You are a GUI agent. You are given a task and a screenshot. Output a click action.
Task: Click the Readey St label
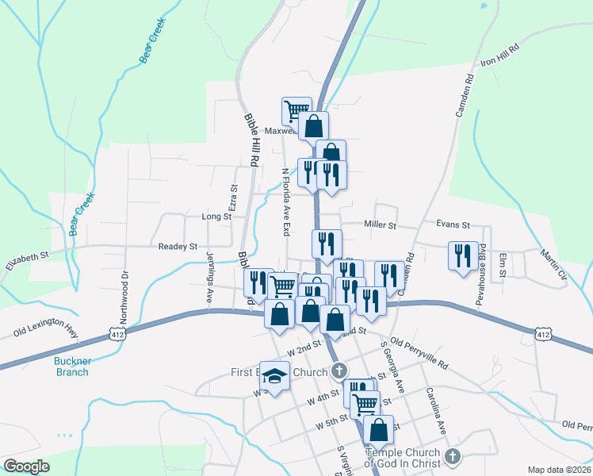click(178, 247)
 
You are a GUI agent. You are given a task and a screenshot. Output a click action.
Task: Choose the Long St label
click(216, 216)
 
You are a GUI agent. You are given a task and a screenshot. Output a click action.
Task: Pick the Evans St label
click(454, 225)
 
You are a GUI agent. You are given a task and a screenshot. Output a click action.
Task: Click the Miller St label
click(380, 225)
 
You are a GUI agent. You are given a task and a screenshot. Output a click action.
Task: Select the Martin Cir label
click(553, 265)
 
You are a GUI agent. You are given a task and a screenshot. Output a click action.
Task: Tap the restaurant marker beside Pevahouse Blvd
click(463, 255)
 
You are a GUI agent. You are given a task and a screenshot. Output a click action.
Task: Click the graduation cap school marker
click(275, 376)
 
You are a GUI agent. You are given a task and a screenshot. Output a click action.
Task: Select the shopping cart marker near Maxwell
click(296, 110)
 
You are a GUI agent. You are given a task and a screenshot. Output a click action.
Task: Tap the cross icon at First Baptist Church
click(339, 371)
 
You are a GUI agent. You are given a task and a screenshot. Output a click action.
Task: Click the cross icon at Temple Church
click(452, 456)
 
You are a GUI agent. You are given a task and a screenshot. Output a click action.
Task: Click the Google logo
click(26, 466)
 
